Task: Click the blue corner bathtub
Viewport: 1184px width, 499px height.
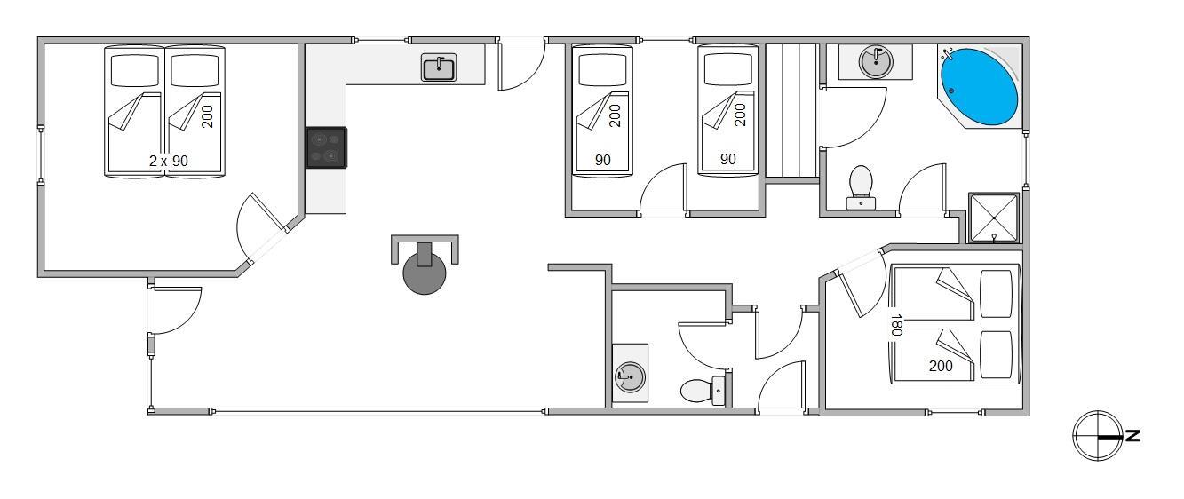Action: click(x=979, y=87)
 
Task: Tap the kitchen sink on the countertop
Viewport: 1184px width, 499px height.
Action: click(x=439, y=67)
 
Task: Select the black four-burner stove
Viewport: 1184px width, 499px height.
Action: click(x=326, y=147)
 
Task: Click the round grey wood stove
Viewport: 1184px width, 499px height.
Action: click(x=425, y=273)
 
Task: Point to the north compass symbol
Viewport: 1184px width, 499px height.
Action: click(x=1097, y=436)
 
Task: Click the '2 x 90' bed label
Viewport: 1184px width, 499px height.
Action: click(x=168, y=161)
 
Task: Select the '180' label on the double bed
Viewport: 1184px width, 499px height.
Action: click(x=896, y=325)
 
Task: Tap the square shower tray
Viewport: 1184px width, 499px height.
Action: click(x=994, y=218)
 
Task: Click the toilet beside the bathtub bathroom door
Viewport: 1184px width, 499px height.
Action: click(x=861, y=187)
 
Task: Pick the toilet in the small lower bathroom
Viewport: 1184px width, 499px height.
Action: click(x=703, y=391)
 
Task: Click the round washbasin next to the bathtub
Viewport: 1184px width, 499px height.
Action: click(x=876, y=62)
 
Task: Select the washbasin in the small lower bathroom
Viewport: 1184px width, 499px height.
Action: click(x=631, y=376)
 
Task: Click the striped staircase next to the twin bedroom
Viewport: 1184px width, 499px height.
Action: click(x=791, y=110)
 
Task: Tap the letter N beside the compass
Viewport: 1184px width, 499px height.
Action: click(x=1132, y=436)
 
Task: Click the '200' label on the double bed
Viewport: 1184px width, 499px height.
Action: click(x=941, y=366)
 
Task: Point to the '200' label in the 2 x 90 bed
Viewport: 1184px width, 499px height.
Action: click(x=207, y=117)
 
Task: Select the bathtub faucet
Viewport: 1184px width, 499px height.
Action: click(x=948, y=53)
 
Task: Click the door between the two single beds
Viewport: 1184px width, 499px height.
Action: click(x=664, y=190)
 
